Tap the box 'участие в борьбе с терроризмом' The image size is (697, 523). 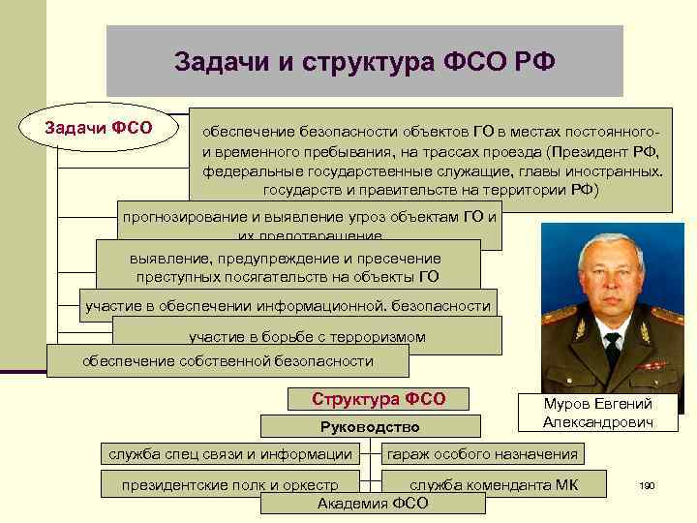[x=307, y=337]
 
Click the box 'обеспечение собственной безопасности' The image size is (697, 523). [x=227, y=361]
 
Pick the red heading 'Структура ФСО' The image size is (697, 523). [x=379, y=399]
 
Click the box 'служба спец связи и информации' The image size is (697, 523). [x=230, y=453]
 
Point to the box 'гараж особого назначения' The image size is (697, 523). [x=482, y=453]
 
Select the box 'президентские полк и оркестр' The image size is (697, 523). [x=229, y=483]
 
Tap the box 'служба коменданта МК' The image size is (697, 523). [x=494, y=483]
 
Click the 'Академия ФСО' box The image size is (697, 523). [x=373, y=504]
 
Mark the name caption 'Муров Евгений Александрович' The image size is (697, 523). [x=597, y=413]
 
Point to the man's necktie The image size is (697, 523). [x=611, y=351]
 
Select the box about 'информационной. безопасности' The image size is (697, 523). [x=288, y=306]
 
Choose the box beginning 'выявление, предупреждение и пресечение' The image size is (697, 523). [x=288, y=267]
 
